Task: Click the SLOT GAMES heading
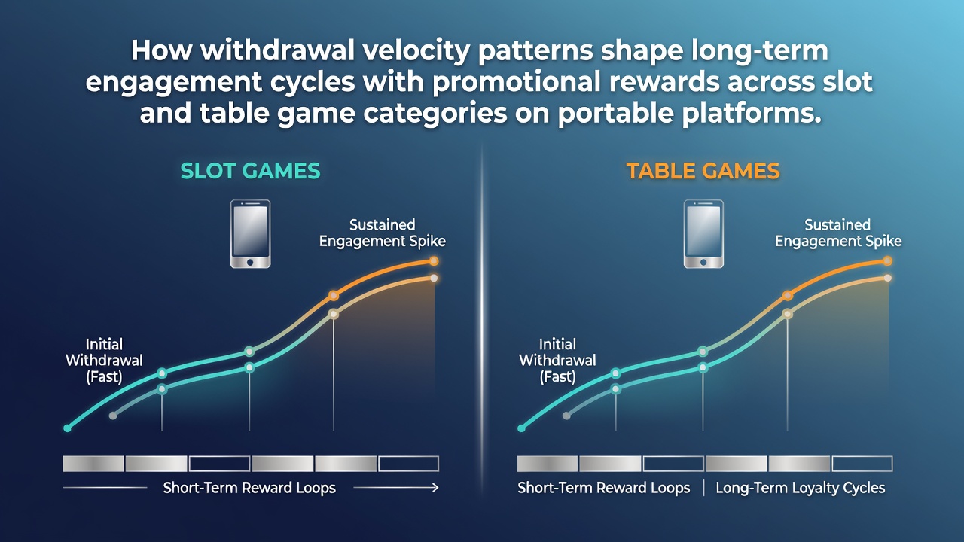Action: point(250,171)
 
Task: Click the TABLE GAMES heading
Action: point(703,171)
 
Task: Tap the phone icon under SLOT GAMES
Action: point(251,234)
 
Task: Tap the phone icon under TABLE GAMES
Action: point(703,234)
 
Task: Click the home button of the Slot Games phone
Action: point(250,262)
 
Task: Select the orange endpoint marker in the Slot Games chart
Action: point(434,261)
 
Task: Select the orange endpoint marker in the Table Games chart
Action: point(887,261)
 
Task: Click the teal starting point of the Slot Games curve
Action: point(67,428)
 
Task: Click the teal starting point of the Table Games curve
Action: point(521,428)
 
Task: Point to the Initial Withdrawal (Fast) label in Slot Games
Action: point(104,361)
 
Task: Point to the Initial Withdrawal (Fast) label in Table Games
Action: point(558,361)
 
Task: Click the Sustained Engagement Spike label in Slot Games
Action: point(382,233)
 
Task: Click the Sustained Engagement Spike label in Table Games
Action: point(838,233)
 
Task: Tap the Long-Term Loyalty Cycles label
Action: point(801,488)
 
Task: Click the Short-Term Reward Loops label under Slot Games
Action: point(249,488)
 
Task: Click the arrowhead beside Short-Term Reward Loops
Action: point(435,487)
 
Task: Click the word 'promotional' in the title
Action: point(517,82)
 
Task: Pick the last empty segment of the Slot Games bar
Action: point(408,464)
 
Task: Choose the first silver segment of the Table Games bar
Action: point(548,464)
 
